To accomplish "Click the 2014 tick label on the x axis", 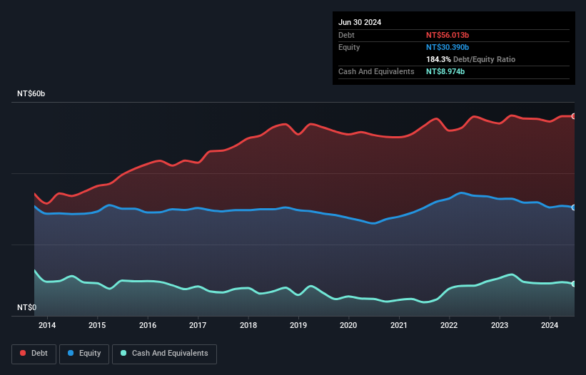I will [x=47, y=326].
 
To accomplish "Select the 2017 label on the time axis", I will [x=198, y=326].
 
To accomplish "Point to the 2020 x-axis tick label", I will [x=348, y=326].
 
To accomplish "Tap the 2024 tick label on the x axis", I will [x=550, y=326].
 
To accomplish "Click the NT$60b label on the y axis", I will [x=31, y=94].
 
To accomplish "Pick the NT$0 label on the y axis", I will [x=27, y=307].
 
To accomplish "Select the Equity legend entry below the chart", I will [x=84, y=353].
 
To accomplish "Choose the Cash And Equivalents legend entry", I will [x=164, y=353].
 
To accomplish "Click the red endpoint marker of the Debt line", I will [x=574, y=116].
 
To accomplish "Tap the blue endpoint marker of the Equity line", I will [x=574, y=207].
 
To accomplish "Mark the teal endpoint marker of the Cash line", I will [x=574, y=284].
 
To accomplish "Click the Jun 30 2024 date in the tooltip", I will [x=360, y=22].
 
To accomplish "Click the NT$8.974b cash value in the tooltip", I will [x=445, y=71].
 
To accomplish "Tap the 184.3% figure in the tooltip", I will [x=438, y=59].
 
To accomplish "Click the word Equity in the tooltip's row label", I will [x=349, y=47].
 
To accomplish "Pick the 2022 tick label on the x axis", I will [x=449, y=326].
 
